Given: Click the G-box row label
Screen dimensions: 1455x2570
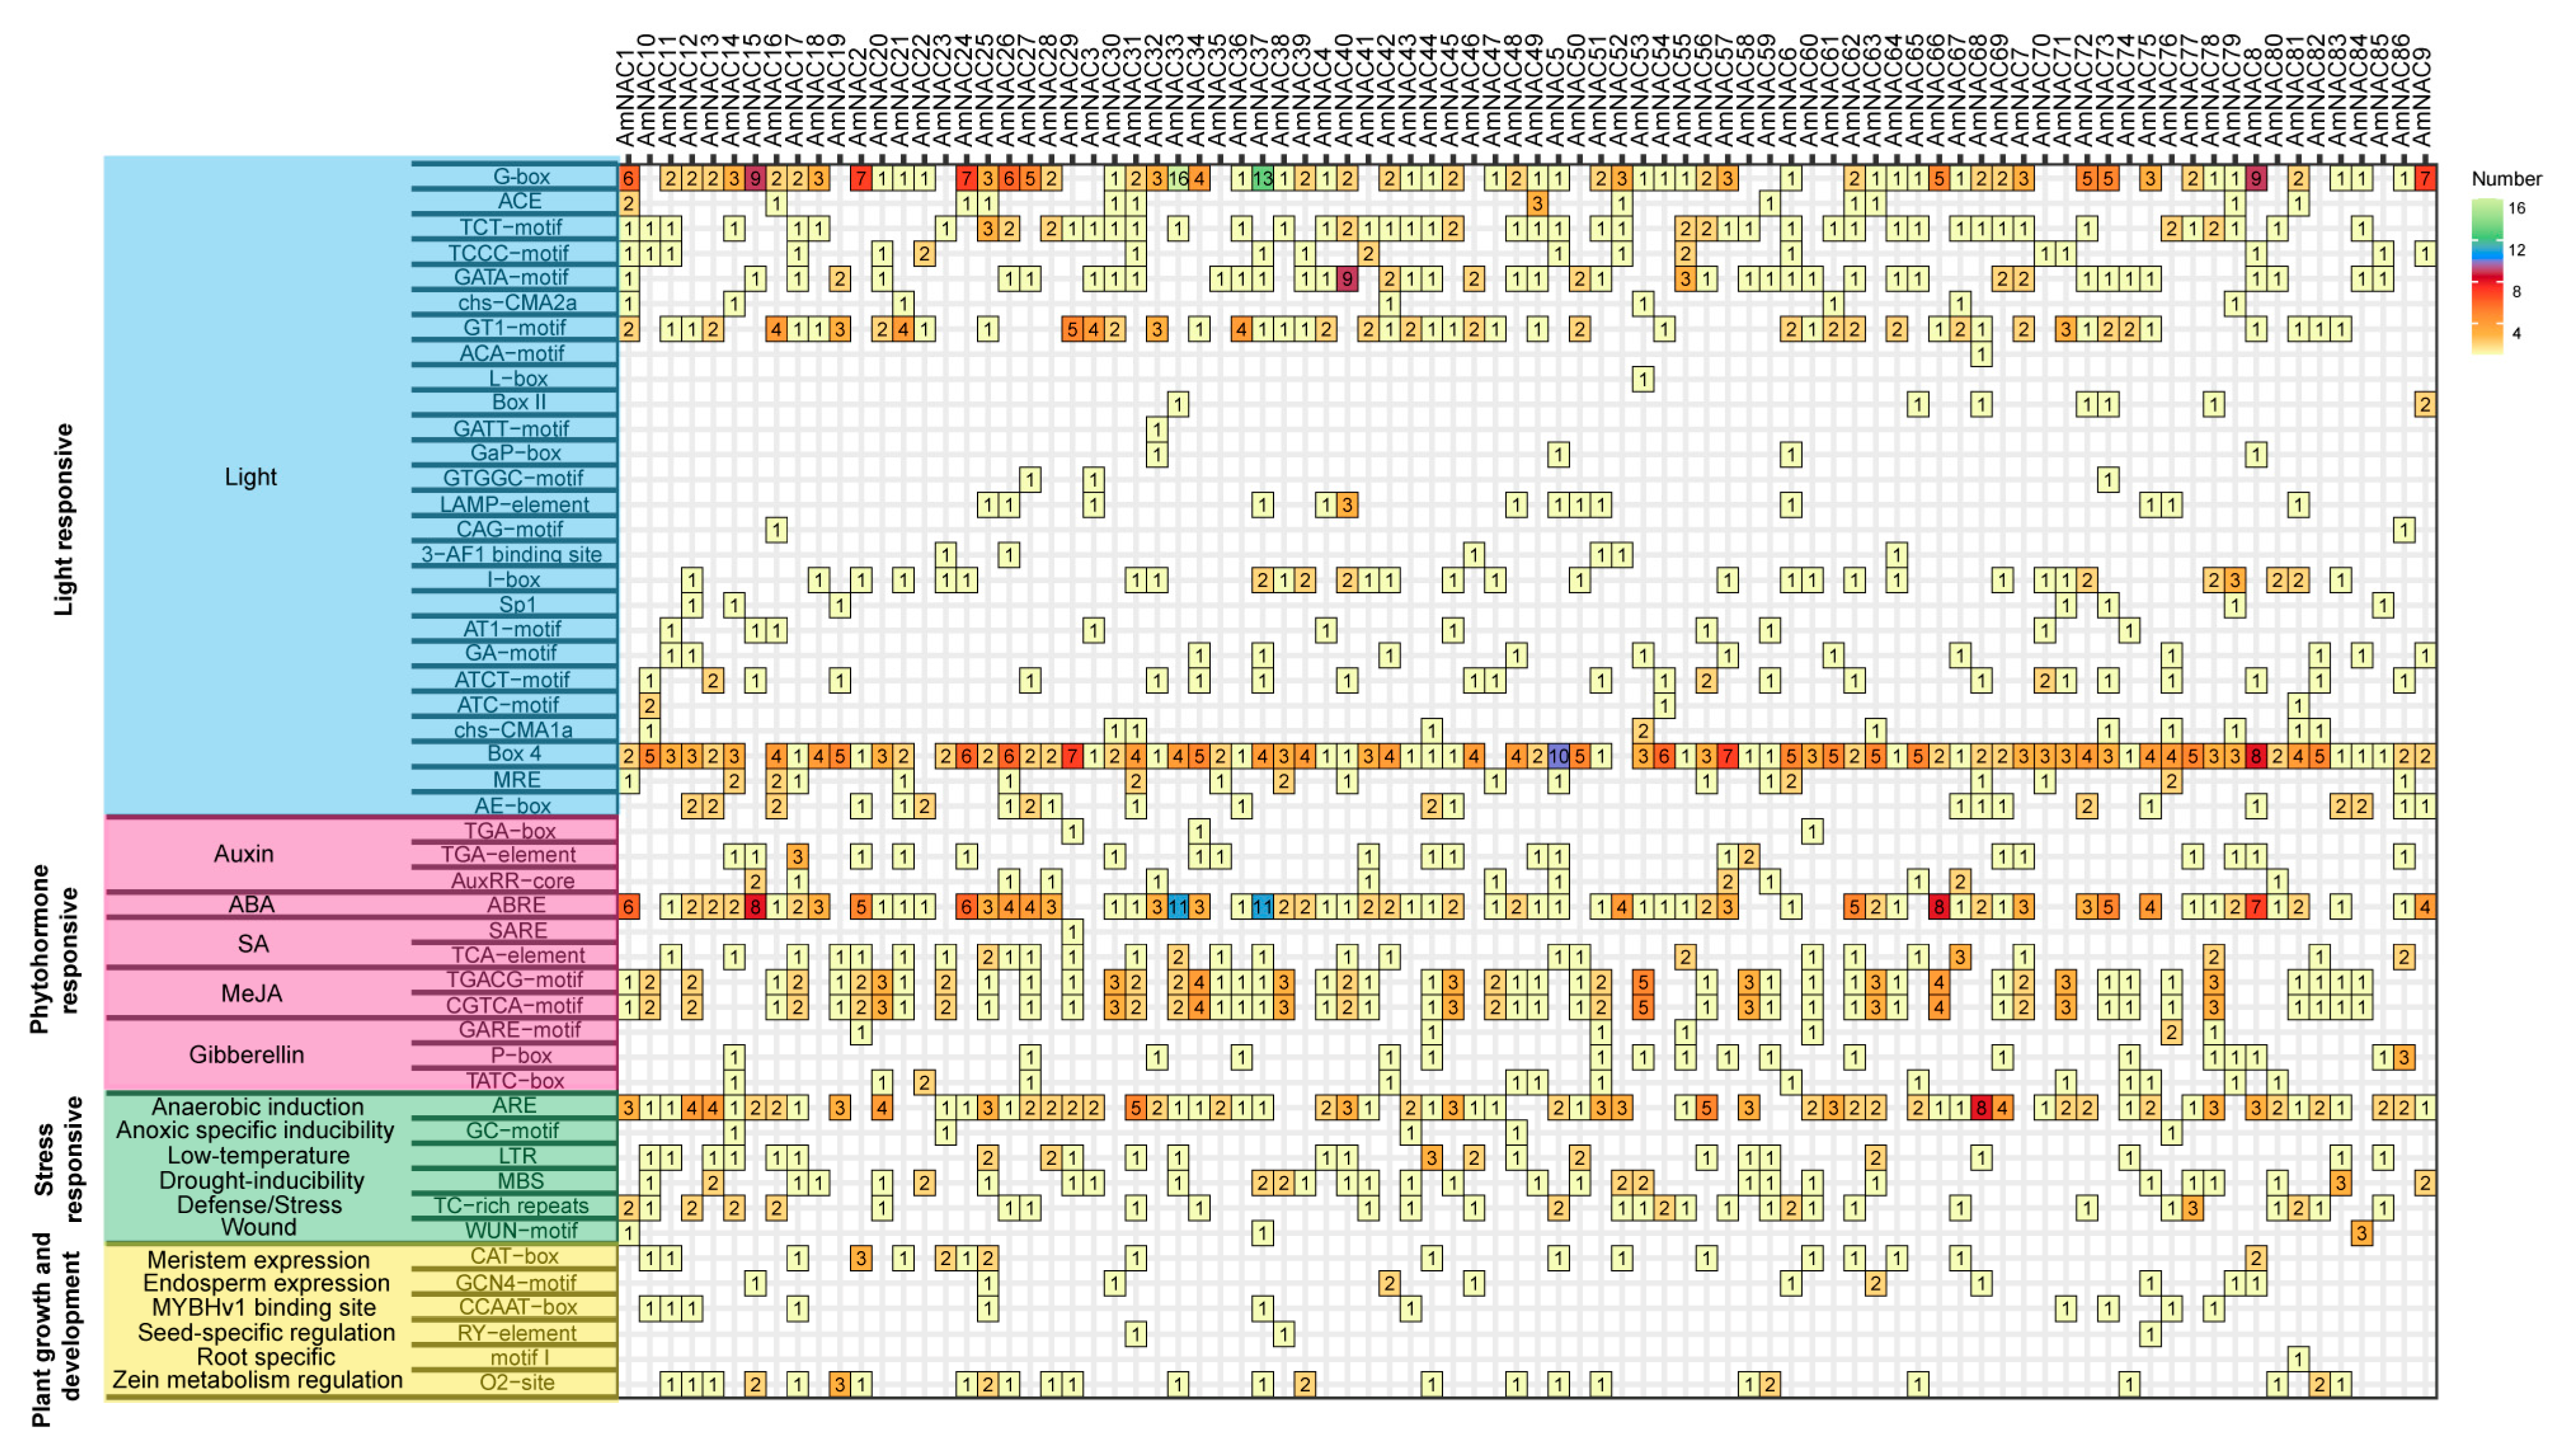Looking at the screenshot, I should [521, 177].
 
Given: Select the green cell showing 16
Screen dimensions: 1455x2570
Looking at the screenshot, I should [1178, 179].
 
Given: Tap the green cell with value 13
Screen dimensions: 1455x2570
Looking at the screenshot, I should [1263, 179].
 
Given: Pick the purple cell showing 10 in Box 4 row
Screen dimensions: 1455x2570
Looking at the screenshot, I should [1557, 756].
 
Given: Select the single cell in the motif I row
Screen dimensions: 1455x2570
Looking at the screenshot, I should [2298, 1358].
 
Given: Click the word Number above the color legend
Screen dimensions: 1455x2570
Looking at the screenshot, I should [2506, 179].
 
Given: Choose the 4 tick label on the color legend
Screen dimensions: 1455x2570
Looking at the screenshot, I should [2516, 334].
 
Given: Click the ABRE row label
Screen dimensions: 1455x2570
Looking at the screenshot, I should [516, 906].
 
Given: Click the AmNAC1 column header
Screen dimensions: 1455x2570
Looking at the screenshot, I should [626, 100].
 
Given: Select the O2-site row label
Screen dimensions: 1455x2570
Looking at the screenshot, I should [516, 1383].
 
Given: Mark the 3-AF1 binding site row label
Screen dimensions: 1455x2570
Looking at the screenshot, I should [511, 554].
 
